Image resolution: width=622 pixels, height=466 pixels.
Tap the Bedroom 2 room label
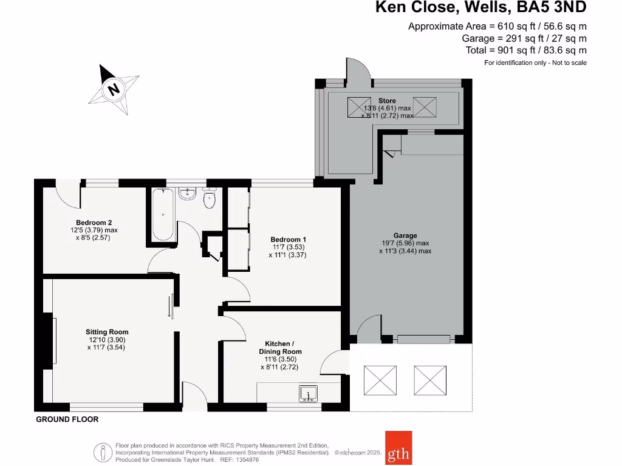click(94, 222)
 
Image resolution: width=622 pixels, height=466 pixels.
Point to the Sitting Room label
click(107, 332)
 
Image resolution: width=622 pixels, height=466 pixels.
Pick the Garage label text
click(405, 235)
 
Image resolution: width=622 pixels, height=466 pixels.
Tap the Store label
click(387, 101)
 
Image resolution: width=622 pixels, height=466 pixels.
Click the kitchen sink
click(309, 394)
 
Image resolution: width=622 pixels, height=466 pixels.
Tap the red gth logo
click(398, 448)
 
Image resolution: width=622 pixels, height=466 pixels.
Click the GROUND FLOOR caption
click(67, 419)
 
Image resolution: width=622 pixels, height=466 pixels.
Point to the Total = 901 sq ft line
click(526, 50)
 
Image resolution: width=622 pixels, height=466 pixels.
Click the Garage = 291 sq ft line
click(524, 38)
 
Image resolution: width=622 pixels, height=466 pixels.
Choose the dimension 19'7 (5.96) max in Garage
click(405, 243)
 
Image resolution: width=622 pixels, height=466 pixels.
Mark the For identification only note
click(535, 63)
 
